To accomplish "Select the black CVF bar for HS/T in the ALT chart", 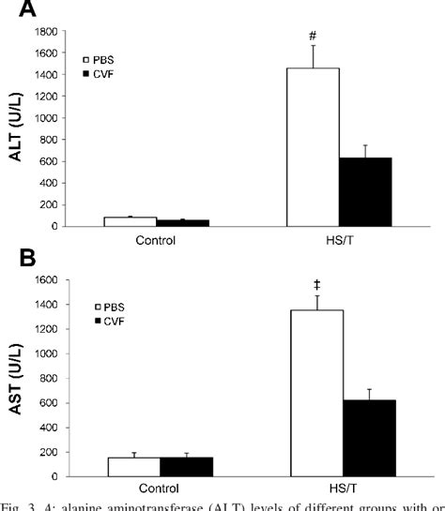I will point(365,191).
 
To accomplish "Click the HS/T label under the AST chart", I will point(343,488).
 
